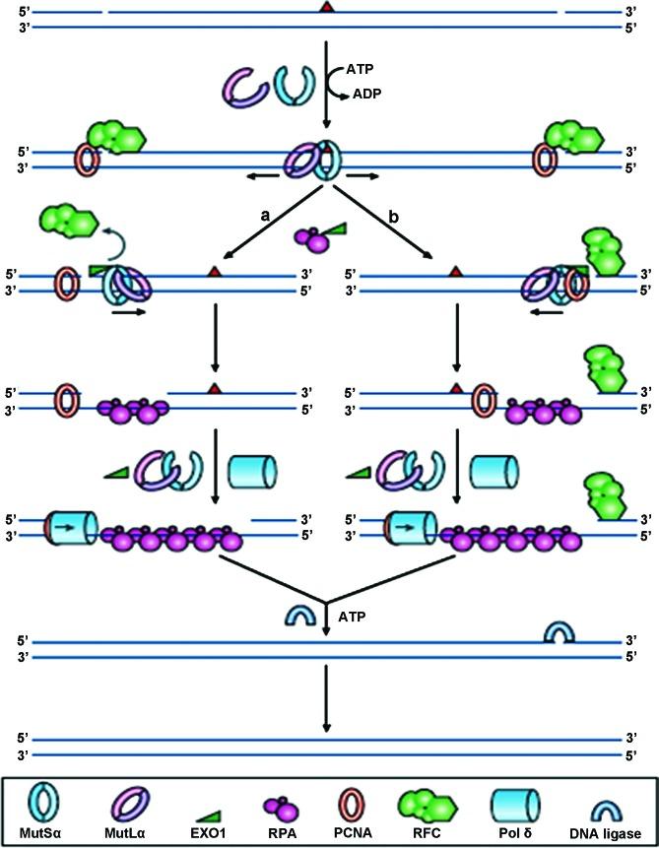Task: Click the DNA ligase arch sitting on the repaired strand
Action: [560, 632]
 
